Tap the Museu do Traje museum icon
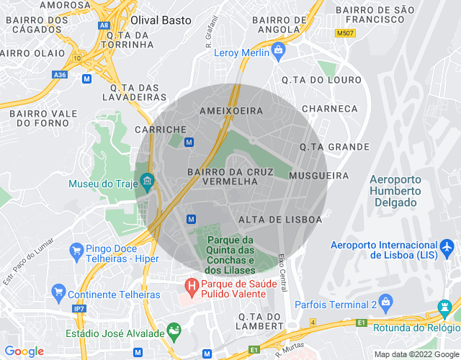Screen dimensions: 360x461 click(x=148, y=180)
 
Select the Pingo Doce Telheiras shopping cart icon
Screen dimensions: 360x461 click(x=76, y=251)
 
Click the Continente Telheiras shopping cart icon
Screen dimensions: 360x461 click(x=59, y=294)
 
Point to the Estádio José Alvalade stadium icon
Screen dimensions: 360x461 click(x=174, y=332)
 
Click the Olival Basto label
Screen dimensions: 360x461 click(x=161, y=20)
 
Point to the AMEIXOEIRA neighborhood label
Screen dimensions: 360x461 click(x=230, y=111)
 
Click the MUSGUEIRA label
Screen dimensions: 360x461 click(x=318, y=175)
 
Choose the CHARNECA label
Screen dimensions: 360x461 click(x=330, y=108)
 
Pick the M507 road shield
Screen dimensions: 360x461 click(x=345, y=32)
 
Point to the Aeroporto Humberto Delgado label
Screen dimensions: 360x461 click(x=394, y=191)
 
